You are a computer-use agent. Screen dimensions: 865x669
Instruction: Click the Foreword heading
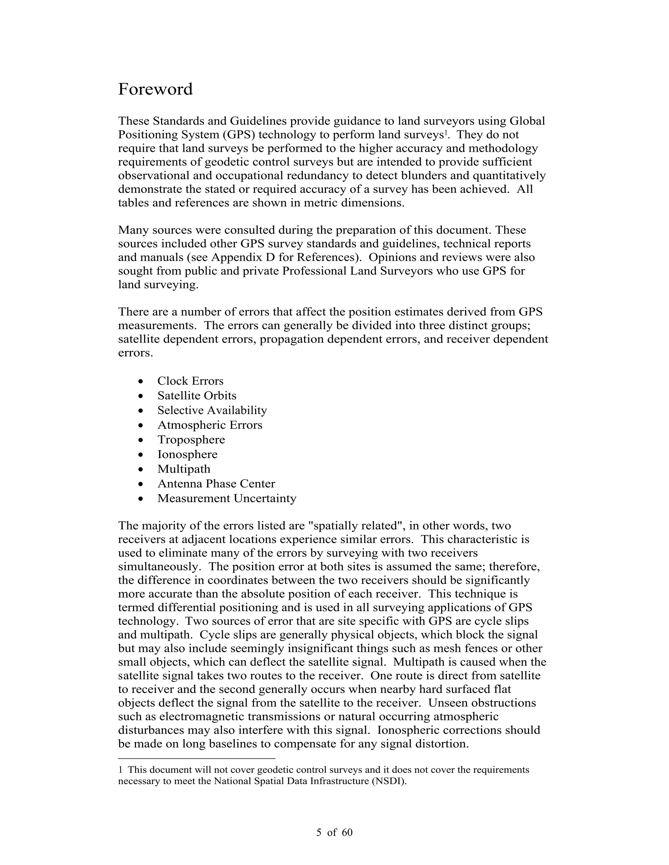[155, 89]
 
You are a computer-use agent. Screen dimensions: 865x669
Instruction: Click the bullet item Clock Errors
[190, 381]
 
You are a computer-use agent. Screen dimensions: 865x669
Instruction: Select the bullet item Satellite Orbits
[197, 396]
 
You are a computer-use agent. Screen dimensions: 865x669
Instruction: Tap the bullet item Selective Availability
[212, 410]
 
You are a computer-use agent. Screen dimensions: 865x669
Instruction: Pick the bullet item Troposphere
[191, 440]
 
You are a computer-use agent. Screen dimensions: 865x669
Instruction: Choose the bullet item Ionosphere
[188, 454]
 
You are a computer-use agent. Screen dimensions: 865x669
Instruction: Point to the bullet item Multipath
[184, 469]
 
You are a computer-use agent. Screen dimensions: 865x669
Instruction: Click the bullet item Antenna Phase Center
[216, 484]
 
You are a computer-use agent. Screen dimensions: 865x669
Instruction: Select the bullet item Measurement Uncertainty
[227, 498]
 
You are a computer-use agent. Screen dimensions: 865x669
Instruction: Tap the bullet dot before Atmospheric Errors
[141, 425]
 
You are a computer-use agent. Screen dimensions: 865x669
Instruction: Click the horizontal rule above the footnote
[197, 759]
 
